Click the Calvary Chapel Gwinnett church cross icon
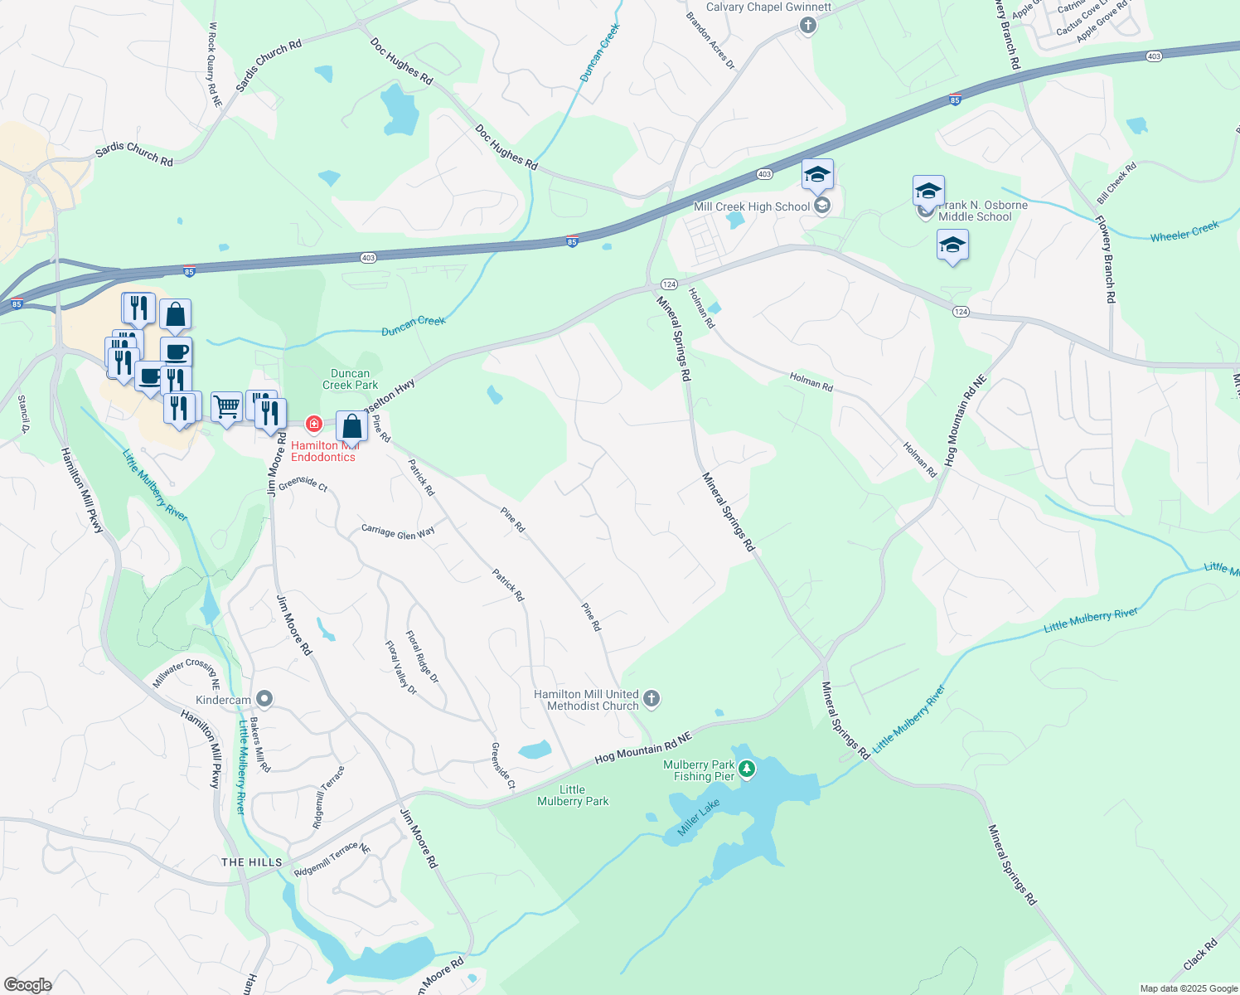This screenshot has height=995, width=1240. (x=808, y=25)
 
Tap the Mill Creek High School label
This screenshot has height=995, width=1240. (x=751, y=207)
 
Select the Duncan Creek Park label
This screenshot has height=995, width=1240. (x=350, y=379)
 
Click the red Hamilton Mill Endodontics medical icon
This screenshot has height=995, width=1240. (x=313, y=425)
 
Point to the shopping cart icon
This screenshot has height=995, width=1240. (x=226, y=407)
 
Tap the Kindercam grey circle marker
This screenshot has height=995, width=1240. (x=265, y=698)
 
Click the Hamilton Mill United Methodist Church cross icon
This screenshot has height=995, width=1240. (x=651, y=698)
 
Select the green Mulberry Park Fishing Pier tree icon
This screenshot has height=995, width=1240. (x=747, y=769)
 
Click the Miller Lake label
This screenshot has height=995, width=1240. (x=699, y=818)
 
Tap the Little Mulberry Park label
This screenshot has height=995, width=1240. (x=573, y=796)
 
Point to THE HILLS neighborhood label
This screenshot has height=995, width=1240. (x=252, y=862)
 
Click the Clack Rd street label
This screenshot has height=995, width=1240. (x=1200, y=954)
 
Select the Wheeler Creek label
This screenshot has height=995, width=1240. (x=1184, y=231)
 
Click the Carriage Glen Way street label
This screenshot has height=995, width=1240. (x=398, y=532)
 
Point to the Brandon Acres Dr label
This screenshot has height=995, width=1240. (x=710, y=40)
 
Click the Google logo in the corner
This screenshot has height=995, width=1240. (x=27, y=985)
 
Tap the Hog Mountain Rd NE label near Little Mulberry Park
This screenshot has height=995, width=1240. (x=643, y=748)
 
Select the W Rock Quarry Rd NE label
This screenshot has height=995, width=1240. (x=215, y=65)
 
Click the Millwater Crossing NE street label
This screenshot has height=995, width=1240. (x=186, y=673)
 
